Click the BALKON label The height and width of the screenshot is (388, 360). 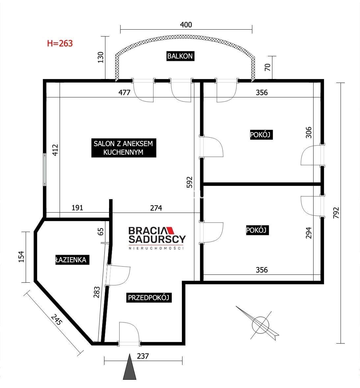180,56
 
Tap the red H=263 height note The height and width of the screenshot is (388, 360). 60,43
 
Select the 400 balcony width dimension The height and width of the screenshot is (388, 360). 186,25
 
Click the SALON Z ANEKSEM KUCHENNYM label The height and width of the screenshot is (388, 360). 124,148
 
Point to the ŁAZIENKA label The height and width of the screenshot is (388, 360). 71,260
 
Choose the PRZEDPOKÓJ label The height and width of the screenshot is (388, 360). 149,297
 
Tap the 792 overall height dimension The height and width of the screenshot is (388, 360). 336,213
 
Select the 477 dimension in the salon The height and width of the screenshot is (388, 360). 124,92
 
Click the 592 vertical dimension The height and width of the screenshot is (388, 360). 189,182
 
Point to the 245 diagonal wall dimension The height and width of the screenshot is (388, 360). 56,320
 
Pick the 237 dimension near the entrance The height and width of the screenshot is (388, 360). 143,356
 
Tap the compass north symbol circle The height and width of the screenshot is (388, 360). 260,325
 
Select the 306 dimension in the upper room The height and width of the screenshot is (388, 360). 309,132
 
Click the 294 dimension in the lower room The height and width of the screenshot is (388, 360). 309,233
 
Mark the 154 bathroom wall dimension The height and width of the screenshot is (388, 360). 21,257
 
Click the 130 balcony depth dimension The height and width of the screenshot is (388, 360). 101,57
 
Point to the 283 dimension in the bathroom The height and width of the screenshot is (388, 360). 97,292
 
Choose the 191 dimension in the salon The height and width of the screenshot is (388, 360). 77,208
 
